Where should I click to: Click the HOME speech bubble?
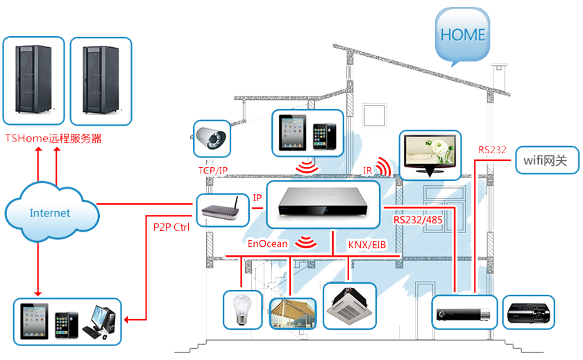(x=463, y=35)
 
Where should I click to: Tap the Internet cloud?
(x=50, y=212)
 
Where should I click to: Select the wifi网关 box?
(x=546, y=162)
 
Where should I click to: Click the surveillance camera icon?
(x=212, y=138)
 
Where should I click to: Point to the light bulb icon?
(x=241, y=309)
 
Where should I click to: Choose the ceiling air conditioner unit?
(x=350, y=305)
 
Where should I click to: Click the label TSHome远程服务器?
(x=53, y=138)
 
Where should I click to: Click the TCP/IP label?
(x=212, y=171)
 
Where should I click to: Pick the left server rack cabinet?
(x=33, y=80)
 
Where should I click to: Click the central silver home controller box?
(x=323, y=204)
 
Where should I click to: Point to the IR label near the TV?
(x=368, y=170)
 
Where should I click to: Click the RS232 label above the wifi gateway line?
(x=492, y=149)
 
